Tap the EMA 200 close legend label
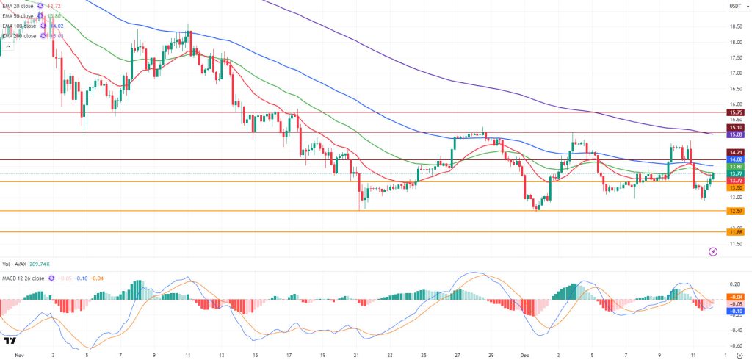20,35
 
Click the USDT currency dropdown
734,7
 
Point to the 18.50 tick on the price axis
734,26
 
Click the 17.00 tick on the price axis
734,73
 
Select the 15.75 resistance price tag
735,112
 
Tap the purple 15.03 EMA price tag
735,135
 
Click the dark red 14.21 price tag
735,151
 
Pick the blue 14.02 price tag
735,159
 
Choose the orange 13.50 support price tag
735,187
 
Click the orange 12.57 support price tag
735,211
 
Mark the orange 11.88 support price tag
735,232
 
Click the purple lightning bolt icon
712,251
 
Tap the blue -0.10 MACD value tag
735,311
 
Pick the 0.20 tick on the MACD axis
734,284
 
